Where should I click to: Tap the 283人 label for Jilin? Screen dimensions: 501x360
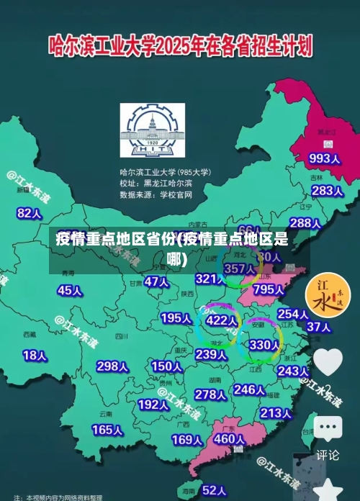pos(326,191)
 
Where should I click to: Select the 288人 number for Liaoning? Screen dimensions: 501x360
pos(305,223)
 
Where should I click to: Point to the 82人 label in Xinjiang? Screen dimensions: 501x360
pos(30,193)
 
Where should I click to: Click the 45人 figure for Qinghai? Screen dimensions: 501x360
pos(69,290)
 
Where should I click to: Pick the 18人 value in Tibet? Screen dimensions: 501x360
pos(35,355)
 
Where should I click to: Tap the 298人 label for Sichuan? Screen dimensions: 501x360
pos(112,366)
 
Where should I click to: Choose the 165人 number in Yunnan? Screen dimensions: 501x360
pos(107,430)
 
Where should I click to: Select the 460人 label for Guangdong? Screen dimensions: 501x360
pos(230,438)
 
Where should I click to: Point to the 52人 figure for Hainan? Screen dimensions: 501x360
pos(214,490)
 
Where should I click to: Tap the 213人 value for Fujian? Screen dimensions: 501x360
pos(275,413)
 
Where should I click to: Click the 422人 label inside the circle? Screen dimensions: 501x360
pos(221,320)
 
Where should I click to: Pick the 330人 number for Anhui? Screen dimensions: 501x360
pos(264,345)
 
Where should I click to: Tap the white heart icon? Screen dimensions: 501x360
pos(328,361)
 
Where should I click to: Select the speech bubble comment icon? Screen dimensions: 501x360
pos(328,428)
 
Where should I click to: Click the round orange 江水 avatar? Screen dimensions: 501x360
pos(328,297)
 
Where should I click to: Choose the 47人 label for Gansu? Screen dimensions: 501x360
pos(156,281)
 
